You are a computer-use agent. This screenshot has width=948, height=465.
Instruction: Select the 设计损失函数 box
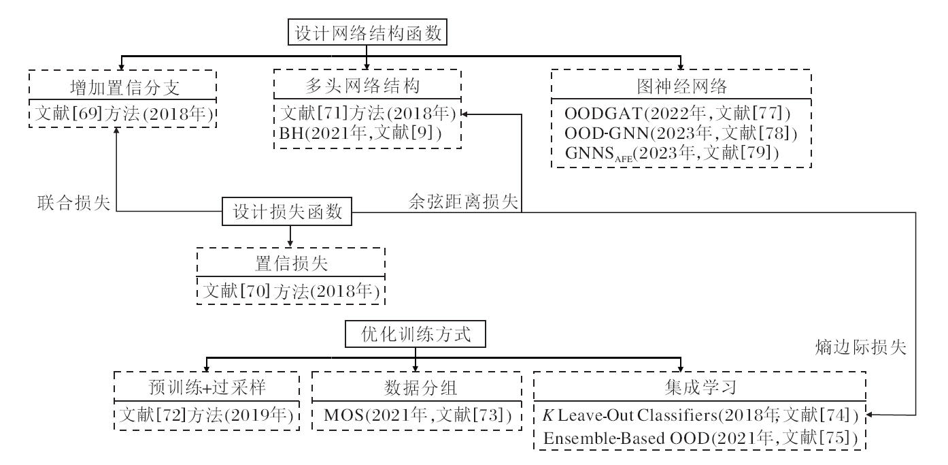(290, 212)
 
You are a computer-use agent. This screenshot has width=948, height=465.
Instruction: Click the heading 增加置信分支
(122, 88)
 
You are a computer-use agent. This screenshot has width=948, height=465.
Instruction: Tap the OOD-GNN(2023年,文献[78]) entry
(681, 132)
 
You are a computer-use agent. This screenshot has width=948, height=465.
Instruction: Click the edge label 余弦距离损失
(464, 202)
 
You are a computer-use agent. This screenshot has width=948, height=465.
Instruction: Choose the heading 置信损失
(290, 266)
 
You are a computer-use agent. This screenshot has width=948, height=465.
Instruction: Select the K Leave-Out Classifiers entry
(698, 414)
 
